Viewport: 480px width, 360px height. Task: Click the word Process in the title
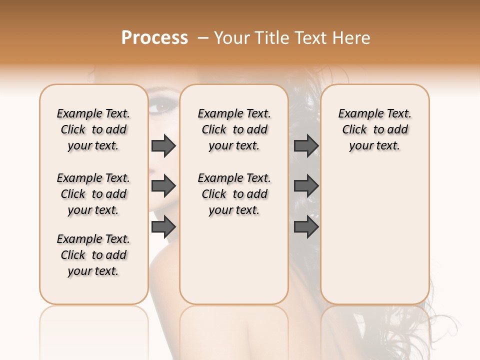pyautogui.click(x=154, y=38)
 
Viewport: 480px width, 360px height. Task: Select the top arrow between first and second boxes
pyautogui.click(x=163, y=145)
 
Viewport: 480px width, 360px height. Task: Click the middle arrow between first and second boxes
pyautogui.click(x=163, y=186)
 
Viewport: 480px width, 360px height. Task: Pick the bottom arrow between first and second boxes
pyautogui.click(x=163, y=227)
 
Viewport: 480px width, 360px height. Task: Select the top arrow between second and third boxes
pyautogui.click(x=306, y=145)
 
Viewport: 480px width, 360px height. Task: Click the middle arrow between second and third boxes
pyautogui.click(x=306, y=186)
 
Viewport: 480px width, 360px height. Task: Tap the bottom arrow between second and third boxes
pyautogui.click(x=306, y=227)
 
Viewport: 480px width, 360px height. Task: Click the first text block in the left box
pyautogui.click(x=93, y=129)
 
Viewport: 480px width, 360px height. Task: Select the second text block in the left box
pyautogui.click(x=93, y=194)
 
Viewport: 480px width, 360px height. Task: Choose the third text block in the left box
pyautogui.click(x=93, y=255)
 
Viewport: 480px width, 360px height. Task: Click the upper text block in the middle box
pyautogui.click(x=234, y=129)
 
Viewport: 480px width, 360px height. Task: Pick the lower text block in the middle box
pyautogui.click(x=234, y=194)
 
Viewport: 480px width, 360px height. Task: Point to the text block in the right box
pyautogui.click(x=374, y=129)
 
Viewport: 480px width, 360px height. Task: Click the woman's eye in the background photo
pyautogui.click(x=162, y=106)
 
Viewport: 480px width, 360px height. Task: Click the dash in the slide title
pyautogui.click(x=203, y=38)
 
